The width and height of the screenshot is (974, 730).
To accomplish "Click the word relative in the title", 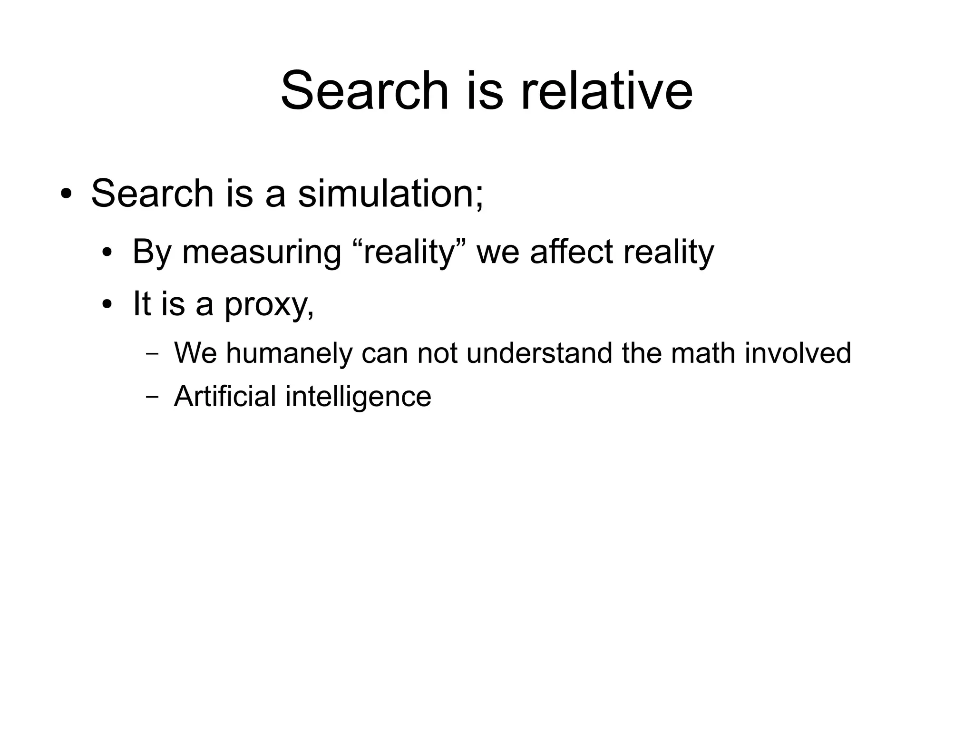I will click(x=606, y=90).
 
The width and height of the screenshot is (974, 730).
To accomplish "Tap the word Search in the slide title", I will click(x=365, y=90).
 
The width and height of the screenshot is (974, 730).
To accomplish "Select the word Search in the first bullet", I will click(x=152, y=194).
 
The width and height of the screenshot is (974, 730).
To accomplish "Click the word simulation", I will click(x=390, y=194).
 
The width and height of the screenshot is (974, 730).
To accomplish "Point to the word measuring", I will click(x=262, y=253).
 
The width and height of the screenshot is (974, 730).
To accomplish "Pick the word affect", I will click(x=571, y=252).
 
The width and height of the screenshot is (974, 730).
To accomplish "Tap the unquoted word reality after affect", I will click(x=669, y=253).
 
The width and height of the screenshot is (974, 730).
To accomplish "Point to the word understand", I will click(x=539, y=353).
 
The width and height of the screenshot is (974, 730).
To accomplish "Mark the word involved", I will click(x=798, y=353).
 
